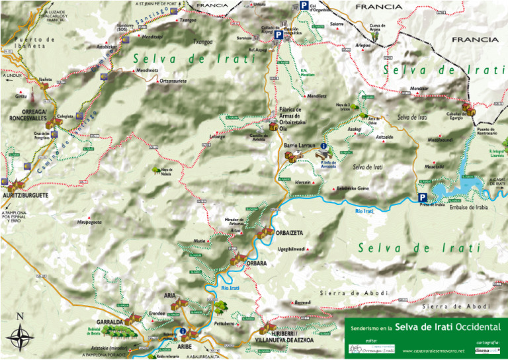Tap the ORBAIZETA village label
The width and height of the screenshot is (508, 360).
[x=289, y=233]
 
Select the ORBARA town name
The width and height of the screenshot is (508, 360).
[x=255, y=263]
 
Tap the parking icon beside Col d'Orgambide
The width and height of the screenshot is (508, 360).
[x=303, y=6]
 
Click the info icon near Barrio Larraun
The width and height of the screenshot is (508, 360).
[x=323, y=146]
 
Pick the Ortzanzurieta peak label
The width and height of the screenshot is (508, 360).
[x=163, y=81]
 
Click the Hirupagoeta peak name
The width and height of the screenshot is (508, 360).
[x=89, y=222]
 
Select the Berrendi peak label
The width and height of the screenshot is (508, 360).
[x=302, y=302]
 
